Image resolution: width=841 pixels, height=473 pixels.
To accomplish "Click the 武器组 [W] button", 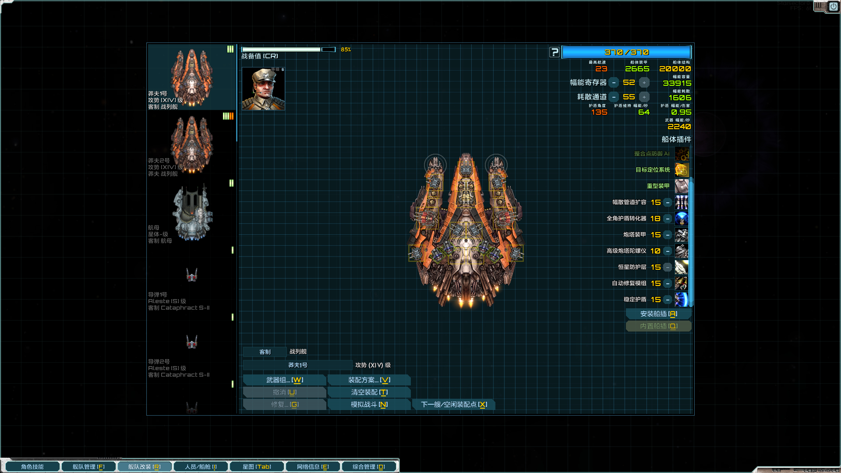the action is point(284,380).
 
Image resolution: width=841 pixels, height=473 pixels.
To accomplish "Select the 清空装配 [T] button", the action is point(369,392).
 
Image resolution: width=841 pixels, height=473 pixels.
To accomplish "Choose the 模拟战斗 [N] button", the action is point(369,405).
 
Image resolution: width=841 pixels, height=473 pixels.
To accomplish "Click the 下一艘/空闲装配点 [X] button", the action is point(454,405).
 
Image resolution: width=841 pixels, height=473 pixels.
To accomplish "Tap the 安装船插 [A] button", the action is point(658,314).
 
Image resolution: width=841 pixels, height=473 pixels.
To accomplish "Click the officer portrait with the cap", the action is point(263,89).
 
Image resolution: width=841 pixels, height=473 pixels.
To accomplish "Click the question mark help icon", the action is point(555,53).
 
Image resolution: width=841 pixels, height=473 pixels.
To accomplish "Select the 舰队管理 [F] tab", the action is point(88,467).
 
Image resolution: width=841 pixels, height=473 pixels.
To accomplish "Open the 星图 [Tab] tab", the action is point(257,467).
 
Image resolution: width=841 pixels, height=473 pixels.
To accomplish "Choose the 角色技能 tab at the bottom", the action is point(32,467).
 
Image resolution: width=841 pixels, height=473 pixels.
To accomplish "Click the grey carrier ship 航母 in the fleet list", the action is point(192,213).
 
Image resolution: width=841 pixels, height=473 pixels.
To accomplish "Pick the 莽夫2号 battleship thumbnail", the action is point(192,145).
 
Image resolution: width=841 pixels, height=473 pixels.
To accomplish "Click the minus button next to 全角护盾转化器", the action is point(668,219).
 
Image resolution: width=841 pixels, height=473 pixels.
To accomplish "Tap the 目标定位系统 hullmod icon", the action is point(682,170).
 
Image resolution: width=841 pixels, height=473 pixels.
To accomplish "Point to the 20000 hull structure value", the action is point(675,69).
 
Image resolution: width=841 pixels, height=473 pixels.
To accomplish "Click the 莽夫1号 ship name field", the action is point(297,365).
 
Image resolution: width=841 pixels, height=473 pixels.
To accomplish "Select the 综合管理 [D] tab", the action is point(369,467).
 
